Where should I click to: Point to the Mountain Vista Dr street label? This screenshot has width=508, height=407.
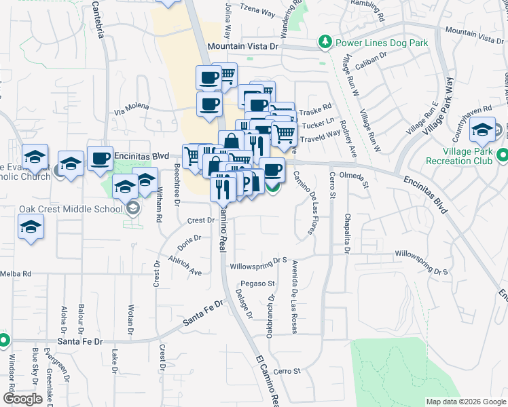tap(244, 46)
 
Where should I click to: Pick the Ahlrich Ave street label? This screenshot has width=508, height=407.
tap(186, 267)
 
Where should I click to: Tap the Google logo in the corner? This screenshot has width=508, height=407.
tap(22, 399)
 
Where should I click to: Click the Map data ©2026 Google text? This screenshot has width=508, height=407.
tap(465, 402)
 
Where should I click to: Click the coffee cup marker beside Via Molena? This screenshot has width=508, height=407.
tap(209, 104)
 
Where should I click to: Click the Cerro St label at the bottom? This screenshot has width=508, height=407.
tap(287, 371)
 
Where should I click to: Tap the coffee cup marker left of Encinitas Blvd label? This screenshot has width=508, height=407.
tap(100, 158)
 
